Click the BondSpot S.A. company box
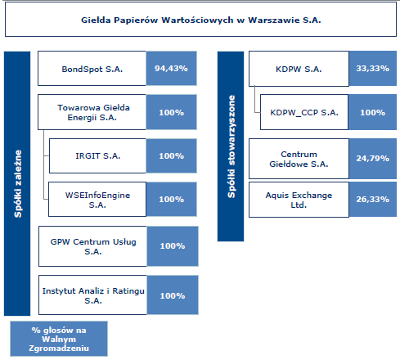pos(92,69)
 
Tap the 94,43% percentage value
pos(171,69)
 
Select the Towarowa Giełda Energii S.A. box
pos(92,112)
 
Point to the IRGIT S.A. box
pos(97,155)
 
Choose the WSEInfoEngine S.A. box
pos(97,200)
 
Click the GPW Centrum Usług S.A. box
pos(92,246)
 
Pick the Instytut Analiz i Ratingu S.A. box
pos(92,295)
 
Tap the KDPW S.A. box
pos(299,69)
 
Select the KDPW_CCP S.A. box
pos(304,112)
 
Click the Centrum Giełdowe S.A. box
pos(299,159)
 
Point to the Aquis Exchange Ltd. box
pos(299,200)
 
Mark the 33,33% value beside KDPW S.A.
pos(372,69)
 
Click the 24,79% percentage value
pos(372,159)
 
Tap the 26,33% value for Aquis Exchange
pos(372,200)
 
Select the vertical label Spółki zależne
pos(18,183)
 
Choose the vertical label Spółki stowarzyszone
pos(231,146)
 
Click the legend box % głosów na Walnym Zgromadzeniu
pos(59,339)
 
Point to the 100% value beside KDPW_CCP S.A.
pos(372,112)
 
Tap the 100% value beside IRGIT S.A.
pos(171,156)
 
